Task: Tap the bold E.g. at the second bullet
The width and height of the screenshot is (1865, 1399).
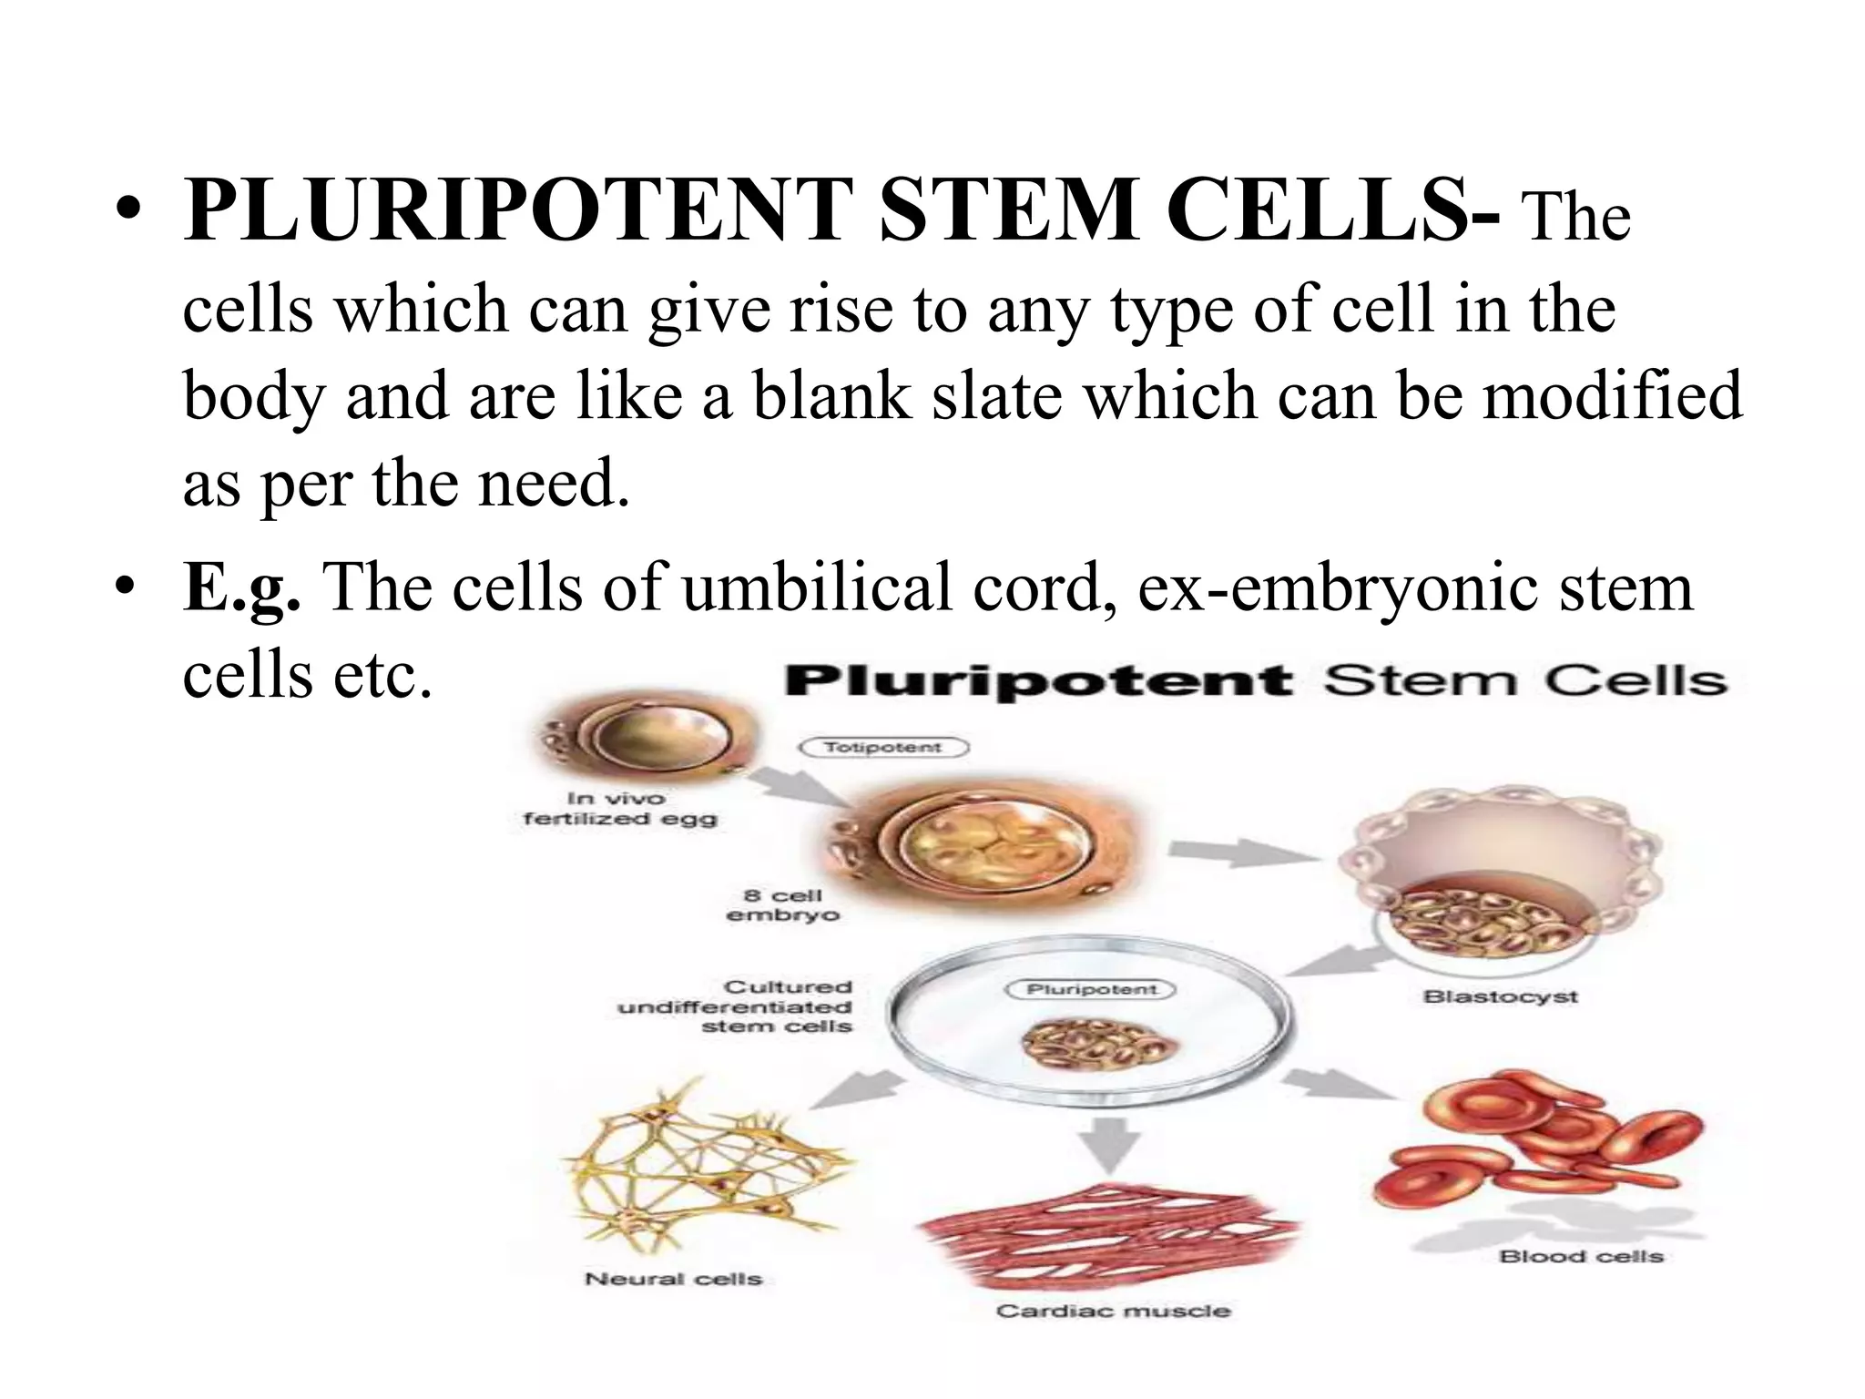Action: point(242,587)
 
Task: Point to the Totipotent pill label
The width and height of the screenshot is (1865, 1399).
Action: point(882,748)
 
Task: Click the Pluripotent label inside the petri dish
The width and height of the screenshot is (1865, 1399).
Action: point(1091,990)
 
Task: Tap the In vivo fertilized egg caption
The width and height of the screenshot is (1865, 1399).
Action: point(619,809)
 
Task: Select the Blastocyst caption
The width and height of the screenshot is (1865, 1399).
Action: point(1500,996)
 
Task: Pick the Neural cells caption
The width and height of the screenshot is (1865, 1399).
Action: point(673,1279)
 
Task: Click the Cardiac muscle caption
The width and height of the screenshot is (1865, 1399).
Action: point(1113,1311)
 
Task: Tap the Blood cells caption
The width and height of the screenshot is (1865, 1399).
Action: point(1581,1257)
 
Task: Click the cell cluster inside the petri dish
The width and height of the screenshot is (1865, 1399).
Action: point(1096,1044)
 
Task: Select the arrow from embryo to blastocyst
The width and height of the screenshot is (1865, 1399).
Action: point(1243,851)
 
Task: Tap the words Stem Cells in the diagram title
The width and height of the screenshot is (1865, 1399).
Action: point(1524,681)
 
